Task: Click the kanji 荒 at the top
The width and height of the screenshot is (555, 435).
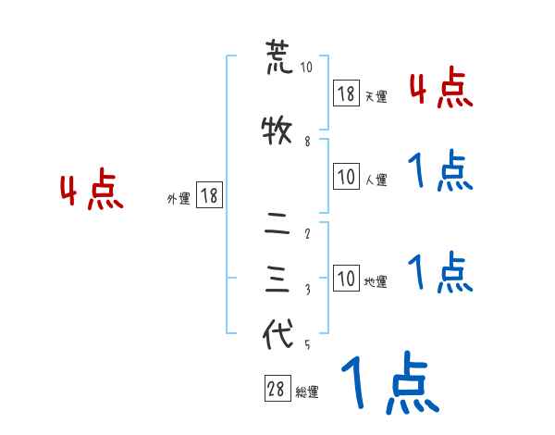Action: (x=278, y=57)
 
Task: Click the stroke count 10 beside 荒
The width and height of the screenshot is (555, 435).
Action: (x=306, y=68)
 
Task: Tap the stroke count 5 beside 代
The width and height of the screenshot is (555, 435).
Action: (x=306, y=346)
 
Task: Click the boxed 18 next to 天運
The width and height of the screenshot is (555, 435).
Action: (x=346, y=93)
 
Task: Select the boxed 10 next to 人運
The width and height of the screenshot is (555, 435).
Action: (x=346, y=176)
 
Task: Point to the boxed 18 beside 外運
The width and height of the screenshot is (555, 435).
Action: (x=208, y=195)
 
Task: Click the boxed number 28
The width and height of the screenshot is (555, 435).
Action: (x=276, y=390)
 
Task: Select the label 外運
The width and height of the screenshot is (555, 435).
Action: (x=179, y=198)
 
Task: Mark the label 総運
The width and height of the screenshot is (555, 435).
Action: (x=307, y=392)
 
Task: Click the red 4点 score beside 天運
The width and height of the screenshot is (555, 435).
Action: (x=440, y=88)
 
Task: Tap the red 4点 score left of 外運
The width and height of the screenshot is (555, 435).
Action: (x=92, y=192)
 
